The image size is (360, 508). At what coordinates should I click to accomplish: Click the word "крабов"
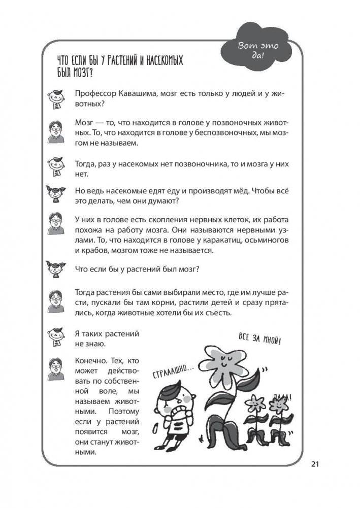pos(94,251)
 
